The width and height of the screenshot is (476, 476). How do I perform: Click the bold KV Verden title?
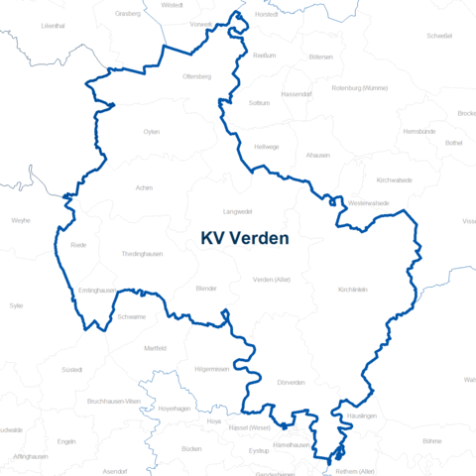pyautogui.click(x=245, y=238)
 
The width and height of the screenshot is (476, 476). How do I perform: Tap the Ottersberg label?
pyautogui.click(x=197, y=76)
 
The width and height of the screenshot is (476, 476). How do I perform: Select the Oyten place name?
pyautogui.click(x=151, y=131)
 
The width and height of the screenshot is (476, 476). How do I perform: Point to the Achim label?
pyautogui.click(x=145, y=186)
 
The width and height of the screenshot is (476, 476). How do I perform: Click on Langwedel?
pyautogui.click(x=238, y=211)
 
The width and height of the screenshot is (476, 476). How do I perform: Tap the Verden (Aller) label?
pyautogui.click(x=271, y=280)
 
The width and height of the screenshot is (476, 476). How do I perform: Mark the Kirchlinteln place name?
pyautogui.click(x=353, y=289)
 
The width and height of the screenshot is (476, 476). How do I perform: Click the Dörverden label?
pyautogui.click(x=292, y=382)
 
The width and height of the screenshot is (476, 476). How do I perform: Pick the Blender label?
pyautogui.click(x=206, y=288)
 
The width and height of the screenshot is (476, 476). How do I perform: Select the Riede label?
pyautogui.click(x=78, y=244)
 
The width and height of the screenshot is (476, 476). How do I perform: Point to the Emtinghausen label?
pyautogui.click(x=97, y=291)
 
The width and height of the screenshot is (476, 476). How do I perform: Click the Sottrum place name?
pyautogui.click(x=260, y=102)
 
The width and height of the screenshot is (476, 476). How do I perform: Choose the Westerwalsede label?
pyautogui.click(x=369, y=202)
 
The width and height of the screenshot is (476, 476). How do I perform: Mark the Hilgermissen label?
pyautogui.click(x=212, y=369)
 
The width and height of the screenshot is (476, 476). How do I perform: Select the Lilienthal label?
pyautogui.click(x=53, y=26)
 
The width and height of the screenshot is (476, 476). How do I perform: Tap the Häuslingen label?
pyautogui.click(x=362, y=416)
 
